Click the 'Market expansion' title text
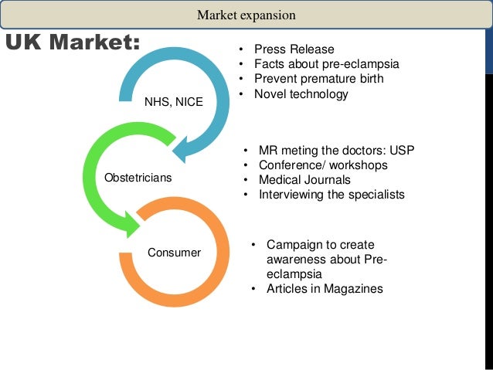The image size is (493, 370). [x=246, y=15]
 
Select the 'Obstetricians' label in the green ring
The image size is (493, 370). [x=138, y=178]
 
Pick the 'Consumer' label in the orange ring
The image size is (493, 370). [x=175, y=253]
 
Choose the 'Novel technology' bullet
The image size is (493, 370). [x=301, y=94]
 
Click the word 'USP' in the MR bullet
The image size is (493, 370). [x=401, y=150]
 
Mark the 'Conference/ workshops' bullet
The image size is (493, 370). [x=323, y=165]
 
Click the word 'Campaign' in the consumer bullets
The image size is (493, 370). [x=293, y=245]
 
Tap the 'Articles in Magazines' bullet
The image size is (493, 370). [x=325, y=289]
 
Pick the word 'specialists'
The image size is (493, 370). [x=376, y=195]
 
